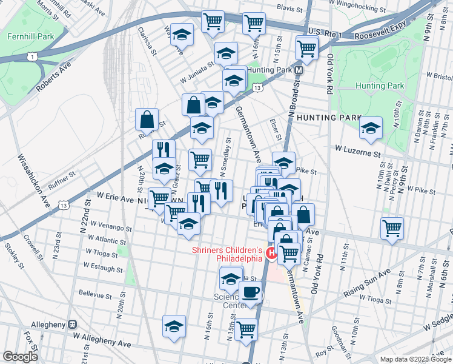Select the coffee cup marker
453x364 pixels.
click(x=250, y=292)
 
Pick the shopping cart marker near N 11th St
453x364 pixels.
click(x=392, y=228)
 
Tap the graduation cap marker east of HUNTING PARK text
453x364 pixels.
click(x=371, y=127)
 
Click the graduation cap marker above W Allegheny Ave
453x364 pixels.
click(x=174, y=326)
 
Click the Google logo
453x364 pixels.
click(x=21, y=357)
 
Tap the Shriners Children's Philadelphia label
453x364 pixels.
click(x=228, y=254)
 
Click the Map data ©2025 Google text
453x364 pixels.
click(x=415, y=359)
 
